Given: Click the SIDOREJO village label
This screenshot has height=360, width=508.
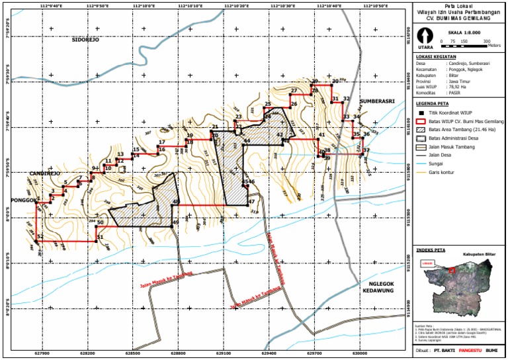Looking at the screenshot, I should pyautogui.click(x=85, y=40).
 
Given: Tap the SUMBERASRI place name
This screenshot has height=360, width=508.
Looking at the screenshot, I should pyautogui.click(x=377, y=101).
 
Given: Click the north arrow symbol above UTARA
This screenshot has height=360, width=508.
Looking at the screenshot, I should pyautogui.click(x=425, y=38).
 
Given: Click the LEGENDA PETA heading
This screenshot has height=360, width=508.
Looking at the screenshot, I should pyautogui.click(x=433, y=104).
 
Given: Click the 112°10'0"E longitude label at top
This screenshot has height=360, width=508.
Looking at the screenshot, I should pyautogui.click(x=144, y=5).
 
